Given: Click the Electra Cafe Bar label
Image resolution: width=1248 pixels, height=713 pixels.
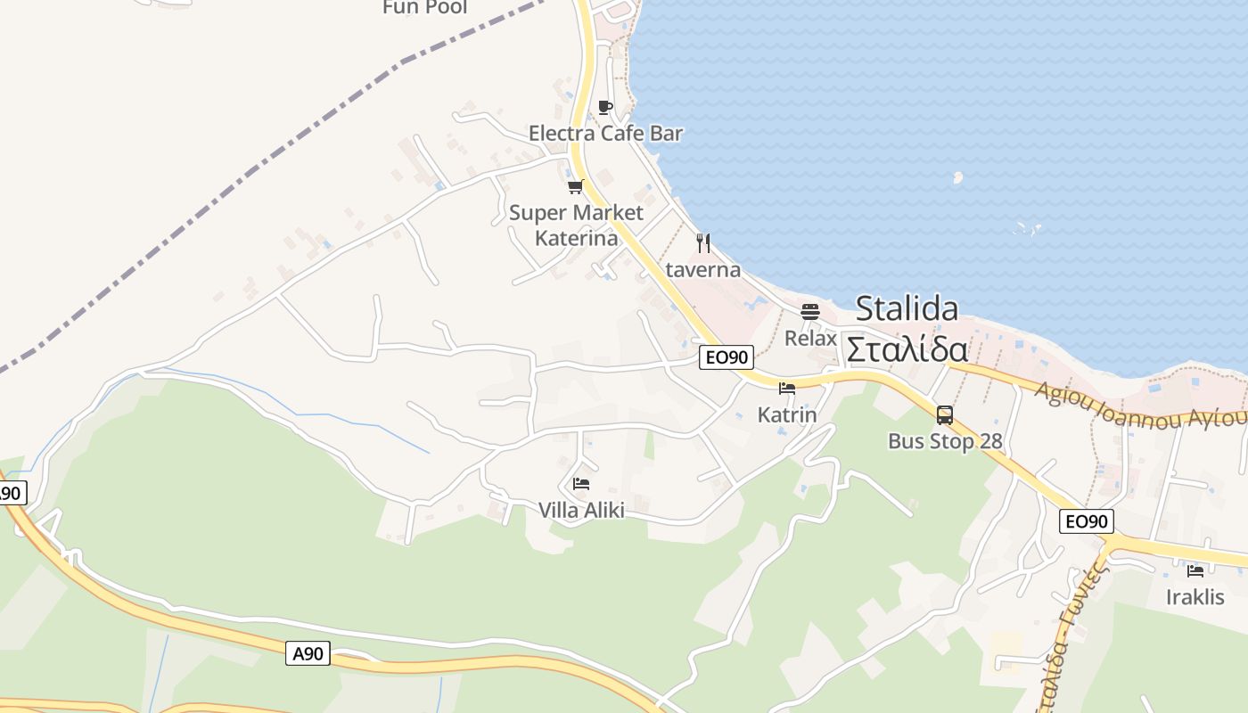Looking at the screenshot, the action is click(x=605, y=134).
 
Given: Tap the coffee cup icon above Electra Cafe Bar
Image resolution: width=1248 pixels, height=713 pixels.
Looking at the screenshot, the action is click(x=605, y=108).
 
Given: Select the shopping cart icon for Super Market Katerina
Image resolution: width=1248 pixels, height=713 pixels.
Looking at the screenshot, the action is click(x=575, y=187).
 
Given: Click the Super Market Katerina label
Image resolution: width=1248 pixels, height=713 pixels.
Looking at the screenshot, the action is click(x=576, y=225).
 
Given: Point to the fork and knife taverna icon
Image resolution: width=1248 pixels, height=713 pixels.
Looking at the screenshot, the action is click(x=703, y=242).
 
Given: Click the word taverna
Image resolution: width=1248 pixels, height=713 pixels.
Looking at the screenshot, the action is click(x=702, y=269).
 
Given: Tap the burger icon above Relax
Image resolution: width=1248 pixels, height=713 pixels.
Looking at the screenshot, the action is click(x=810, y=312).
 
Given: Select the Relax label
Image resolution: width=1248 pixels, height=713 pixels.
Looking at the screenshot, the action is click(x=810, y=339).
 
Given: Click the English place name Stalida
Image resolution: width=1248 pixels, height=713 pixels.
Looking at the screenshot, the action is click(x=907, y=308).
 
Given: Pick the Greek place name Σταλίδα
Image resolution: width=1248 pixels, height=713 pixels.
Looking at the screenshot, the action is click(x=907, y=348).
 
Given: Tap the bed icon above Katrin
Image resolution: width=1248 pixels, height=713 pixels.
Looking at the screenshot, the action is click(x=786, y=389).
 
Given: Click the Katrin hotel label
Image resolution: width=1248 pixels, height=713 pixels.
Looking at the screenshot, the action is click(x=786, y=414).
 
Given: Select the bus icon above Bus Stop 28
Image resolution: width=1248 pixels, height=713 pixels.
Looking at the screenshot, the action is click(x=944, y=414).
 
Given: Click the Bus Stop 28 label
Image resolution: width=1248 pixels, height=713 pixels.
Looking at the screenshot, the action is click(x=945, y=441).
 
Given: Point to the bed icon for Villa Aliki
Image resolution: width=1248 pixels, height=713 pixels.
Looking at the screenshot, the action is click(x=581, y=484).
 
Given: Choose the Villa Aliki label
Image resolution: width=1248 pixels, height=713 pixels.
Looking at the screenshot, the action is click(x=581, y=510).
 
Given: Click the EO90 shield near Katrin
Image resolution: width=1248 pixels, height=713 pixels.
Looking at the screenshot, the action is click(x=727, y=358).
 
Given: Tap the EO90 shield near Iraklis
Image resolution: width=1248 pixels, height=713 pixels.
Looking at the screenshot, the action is click(x=1087, y=521).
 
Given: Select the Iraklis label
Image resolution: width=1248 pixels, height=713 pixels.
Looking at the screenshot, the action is click(x=1195, y=596).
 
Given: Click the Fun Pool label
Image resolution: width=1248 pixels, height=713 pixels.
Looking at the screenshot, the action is click(x=425, y=8).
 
